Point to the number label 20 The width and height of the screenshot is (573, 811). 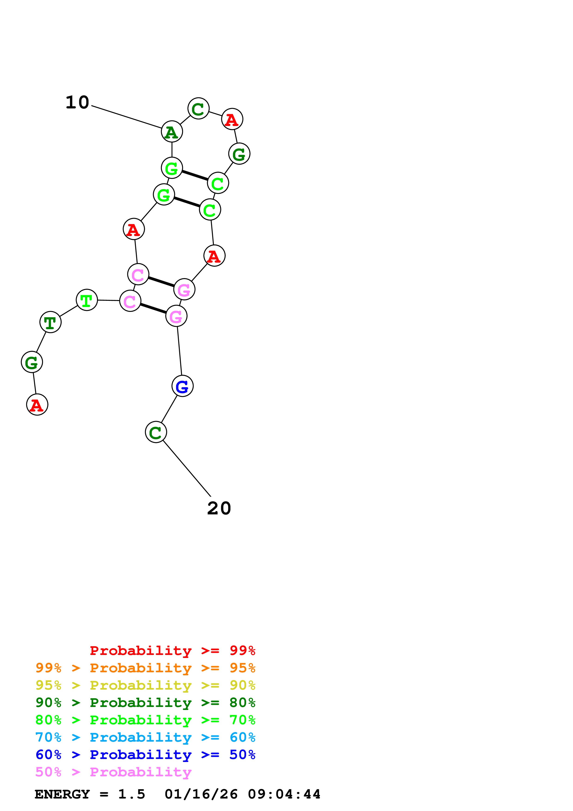219,508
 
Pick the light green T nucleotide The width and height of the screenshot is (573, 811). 86,300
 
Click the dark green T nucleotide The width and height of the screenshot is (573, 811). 50,322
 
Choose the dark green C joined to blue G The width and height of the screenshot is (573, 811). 156,432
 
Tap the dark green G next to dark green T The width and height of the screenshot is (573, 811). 32,362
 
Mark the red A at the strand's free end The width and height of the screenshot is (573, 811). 37,404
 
